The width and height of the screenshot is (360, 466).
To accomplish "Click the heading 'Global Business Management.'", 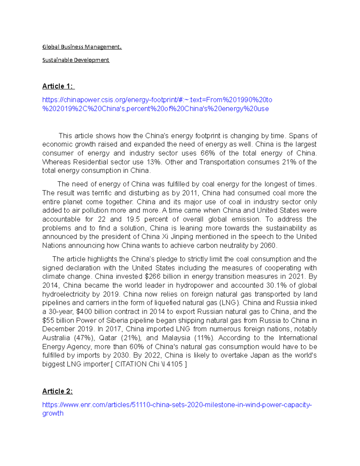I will (82, 47).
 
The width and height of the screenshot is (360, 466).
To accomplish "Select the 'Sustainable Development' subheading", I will (76, 60).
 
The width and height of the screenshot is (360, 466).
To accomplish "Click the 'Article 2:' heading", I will (57, 391).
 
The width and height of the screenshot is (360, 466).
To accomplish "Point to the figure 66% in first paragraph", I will (208, 153).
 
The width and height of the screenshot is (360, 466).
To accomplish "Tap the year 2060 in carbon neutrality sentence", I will (268, 245).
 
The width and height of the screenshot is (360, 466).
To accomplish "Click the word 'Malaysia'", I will (176, 338).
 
